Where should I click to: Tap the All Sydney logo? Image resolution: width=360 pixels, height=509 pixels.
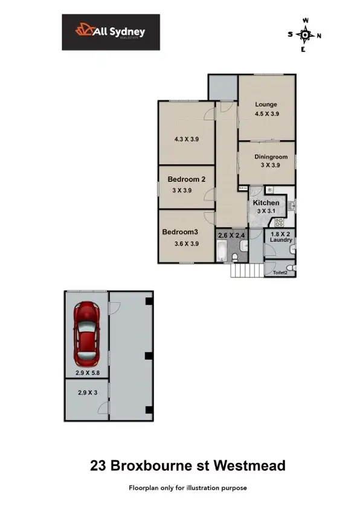click(x=111, y=32)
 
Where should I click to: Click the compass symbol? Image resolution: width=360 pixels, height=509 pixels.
click(x=306, y=35)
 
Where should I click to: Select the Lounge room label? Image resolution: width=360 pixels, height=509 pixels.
click(x=266, y=105)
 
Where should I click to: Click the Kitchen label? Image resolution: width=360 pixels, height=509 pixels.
click(x=266, y=203)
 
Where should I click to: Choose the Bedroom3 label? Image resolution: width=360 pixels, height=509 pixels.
click(x=180, y=232)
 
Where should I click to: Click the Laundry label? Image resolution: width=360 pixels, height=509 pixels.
click(x=281, y=240)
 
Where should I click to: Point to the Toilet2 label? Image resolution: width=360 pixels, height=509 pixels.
click(x=280, y=273)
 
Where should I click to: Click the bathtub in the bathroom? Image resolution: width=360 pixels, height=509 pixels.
click(x=221, y=249)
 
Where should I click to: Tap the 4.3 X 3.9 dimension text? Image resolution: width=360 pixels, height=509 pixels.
click(x=187, y=139)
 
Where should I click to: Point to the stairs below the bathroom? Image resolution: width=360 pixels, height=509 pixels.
click(x=240, y=270)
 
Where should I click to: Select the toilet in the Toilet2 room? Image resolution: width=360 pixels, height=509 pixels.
click(x=291, y=268)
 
